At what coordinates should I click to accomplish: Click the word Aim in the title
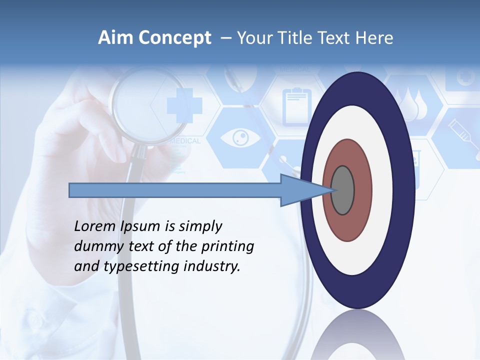[x=114, y=38]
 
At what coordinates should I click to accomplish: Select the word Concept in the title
[x=174, y=38]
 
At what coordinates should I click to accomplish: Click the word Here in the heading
[x=374, y=38]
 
